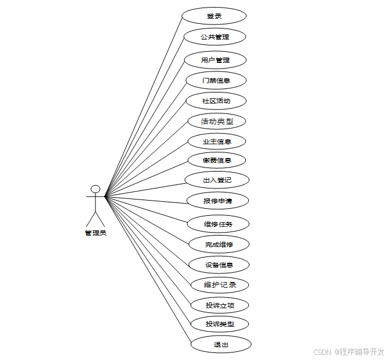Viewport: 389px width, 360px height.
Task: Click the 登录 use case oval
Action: click(x=214, y=16)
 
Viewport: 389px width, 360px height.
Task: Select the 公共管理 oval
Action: click(x=214, y=37)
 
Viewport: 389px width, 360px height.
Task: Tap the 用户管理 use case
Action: click(x=215, y=60)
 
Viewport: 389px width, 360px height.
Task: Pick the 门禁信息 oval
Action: click(x=216, y=80)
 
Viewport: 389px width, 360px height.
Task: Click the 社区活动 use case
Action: click(x=216, y=101)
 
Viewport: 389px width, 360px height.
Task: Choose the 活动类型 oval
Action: click(x=217, y=122)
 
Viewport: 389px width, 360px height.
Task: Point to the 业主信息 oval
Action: click(x=217, y=141)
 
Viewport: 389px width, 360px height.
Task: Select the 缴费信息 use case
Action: click(x=217, y=161)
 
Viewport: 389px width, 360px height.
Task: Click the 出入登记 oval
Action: click(x=217, y=180)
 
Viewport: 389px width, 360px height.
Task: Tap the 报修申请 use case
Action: click(x=217, y=201)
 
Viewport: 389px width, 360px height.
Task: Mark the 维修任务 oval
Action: click(x=218, y=224)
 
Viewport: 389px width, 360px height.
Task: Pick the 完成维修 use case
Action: click(x=219, y=244)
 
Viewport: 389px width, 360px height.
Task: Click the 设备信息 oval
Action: click(x=219, y=265)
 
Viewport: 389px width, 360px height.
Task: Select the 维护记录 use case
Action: click(x=220, y=285)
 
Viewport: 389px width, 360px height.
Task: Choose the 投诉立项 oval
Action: click(x=220, y=305)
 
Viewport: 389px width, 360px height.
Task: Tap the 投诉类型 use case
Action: click(x=220, y=323)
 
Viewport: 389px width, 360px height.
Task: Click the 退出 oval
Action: click(x=220, y=344)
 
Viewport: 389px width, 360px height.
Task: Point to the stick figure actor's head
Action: click(x=95, y=189)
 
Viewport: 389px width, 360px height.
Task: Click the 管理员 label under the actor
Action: click(x=95, y=233)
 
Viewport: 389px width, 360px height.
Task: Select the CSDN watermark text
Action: click(x=349, y=352)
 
